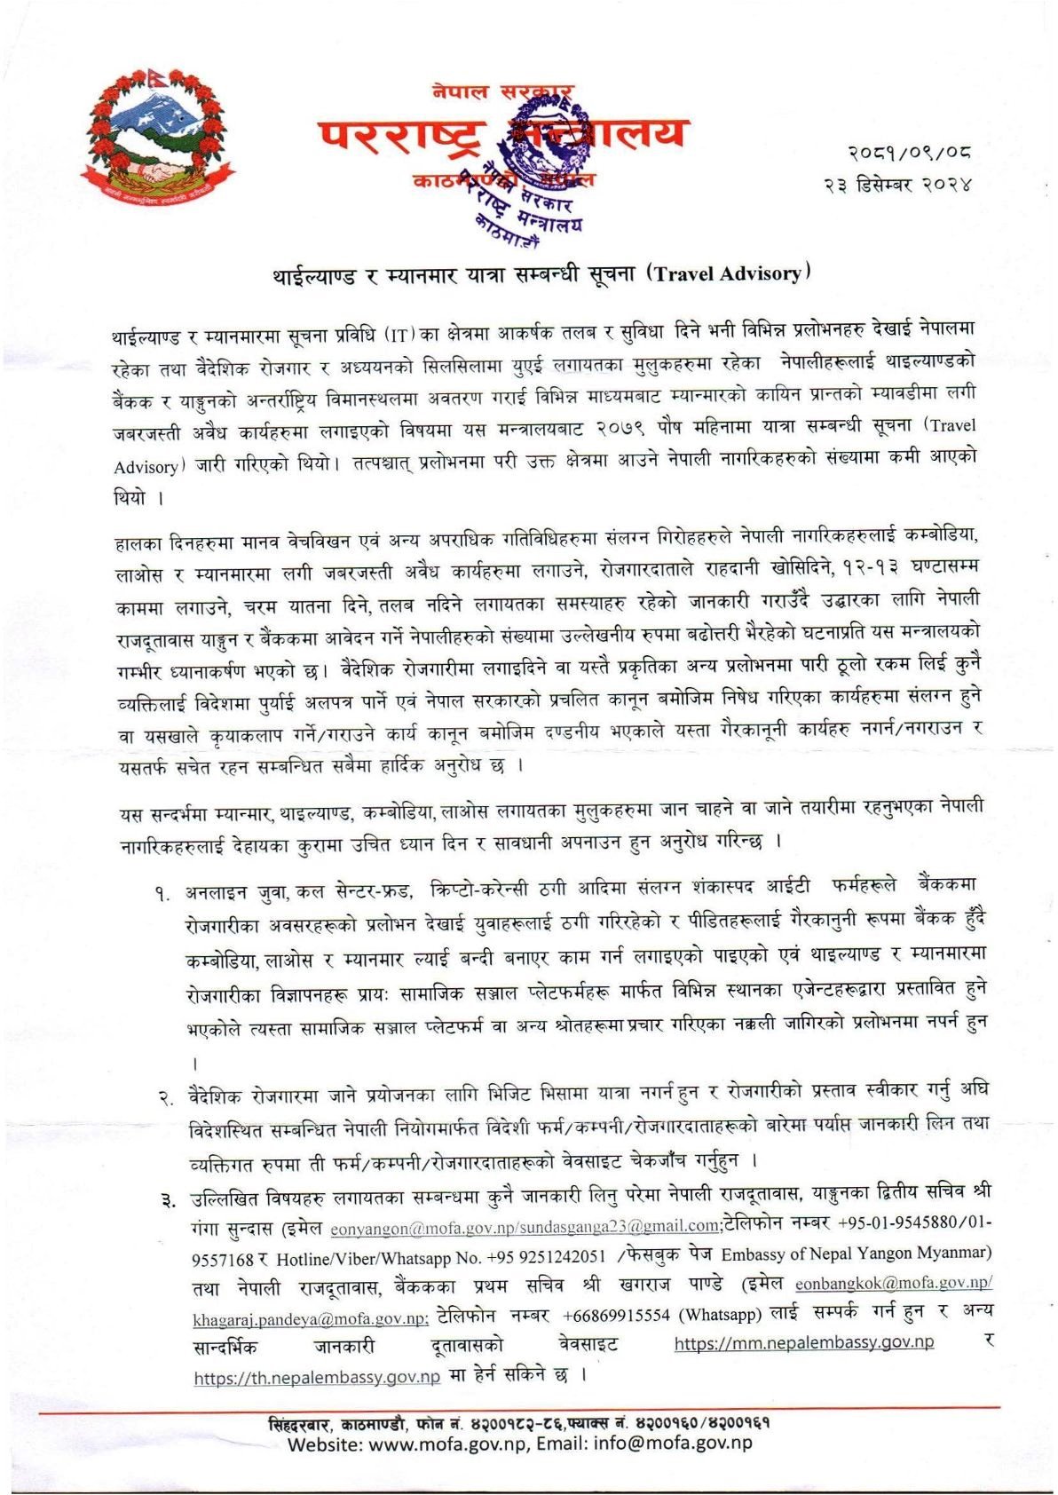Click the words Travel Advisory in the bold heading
[727, 273]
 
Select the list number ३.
[165, 1202]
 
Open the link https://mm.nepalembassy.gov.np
[803, 1342]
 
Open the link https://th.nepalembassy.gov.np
[317, 1377]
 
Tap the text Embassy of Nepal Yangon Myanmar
[856, 1254]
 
